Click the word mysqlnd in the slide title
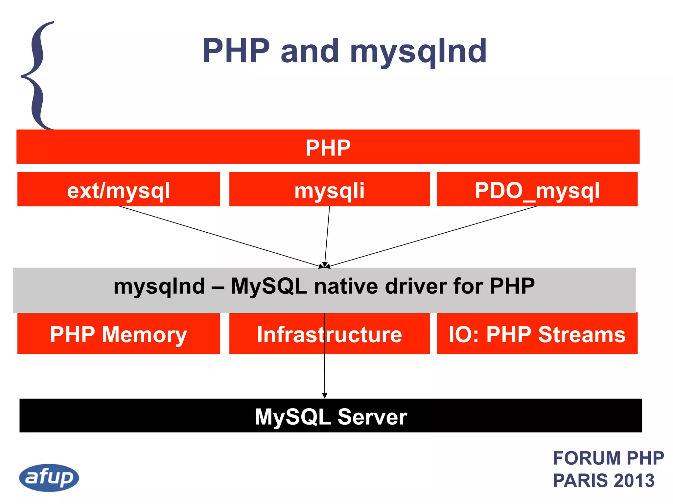point(418,51)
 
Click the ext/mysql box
point(118,190)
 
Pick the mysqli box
point(329,190)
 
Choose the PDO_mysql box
point(537,190)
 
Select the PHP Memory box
point(118,334)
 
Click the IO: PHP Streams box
point(537,334)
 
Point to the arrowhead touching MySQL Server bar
point(325,395)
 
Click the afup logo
point(49,477)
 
